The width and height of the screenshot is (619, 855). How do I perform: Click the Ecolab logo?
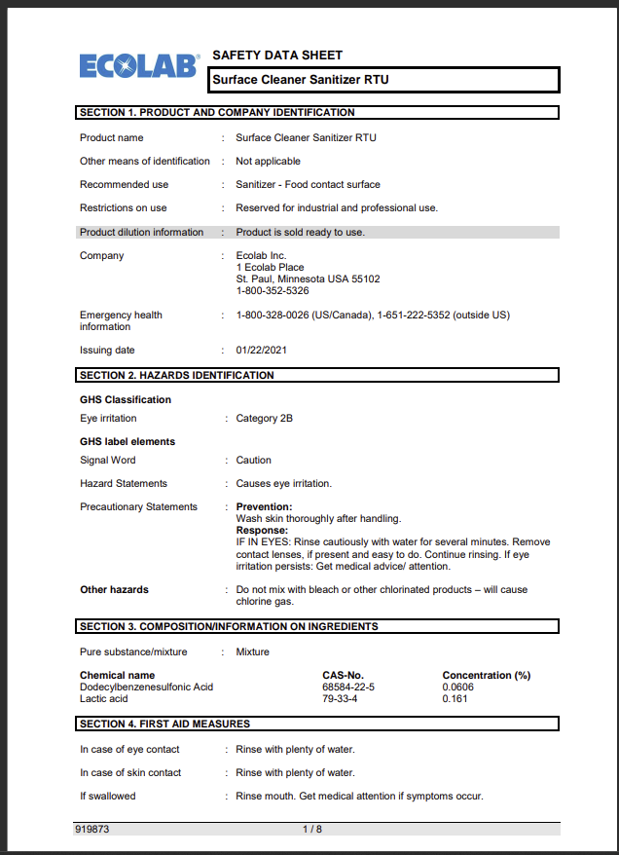pyautogui.click(x=138, y=66)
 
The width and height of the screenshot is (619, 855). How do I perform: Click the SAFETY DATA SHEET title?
pyautogui.click(x=277, y=56)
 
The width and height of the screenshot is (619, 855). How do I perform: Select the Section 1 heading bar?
pyautogui.click(x=317, y=113)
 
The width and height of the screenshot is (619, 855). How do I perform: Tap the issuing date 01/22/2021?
pyautogui.click(x=261, y=351)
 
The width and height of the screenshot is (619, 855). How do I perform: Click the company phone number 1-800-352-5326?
pyautogui.click(x=273, y=291)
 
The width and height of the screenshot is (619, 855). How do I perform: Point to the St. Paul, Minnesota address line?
pyautogui.click(x=308, y=279)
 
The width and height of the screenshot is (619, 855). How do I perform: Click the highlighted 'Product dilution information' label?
pyautogui.click(x=142, y=233)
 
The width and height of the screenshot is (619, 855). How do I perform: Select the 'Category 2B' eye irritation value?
pyautogui.click(x=264, y=419)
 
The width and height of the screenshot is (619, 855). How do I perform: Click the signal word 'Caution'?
pyautogui.click(x=254, y=461)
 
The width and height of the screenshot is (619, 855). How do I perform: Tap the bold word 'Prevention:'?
pyautogui.click(x=264, y=507)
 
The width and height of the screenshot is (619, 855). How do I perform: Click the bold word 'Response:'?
pyautogui.click(x=263, y=531)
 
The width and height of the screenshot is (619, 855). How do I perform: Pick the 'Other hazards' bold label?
pyautogui.click(x=114, y=590)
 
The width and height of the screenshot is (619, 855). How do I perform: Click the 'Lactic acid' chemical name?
pyautogui.click(x=105, y=699)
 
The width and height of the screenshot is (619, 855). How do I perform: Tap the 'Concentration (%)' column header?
pyautogui.click(x=486, y=676)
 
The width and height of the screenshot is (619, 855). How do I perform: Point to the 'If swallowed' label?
pyautogui.click(x=108, y=797)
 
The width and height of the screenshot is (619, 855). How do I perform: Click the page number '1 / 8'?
pyautogui.click(x=311, y=829)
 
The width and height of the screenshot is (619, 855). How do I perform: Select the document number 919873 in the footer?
pyautogui.click(x=94, y=829)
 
